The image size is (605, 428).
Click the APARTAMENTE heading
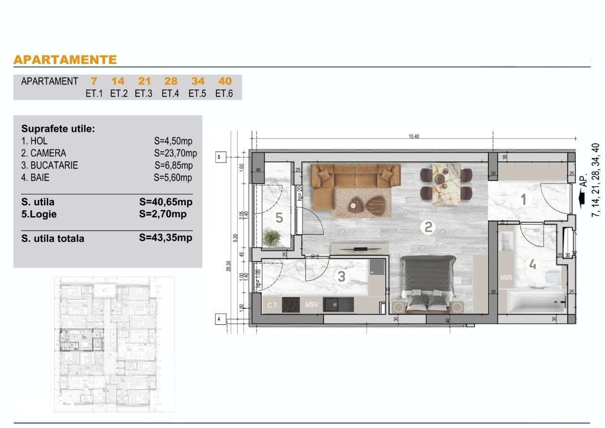[65, 60]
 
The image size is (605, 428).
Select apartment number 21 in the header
[144, 81]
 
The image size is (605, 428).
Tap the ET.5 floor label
[197, 93]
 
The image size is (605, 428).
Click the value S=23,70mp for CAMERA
[175, 153]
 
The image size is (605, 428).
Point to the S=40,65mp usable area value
[166, 202]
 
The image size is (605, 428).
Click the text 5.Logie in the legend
[38, 214]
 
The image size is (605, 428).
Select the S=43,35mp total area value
[166, 238]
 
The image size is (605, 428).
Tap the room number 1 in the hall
[523, 200]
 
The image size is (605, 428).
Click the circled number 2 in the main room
[427, 228]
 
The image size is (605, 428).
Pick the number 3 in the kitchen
[341, 277]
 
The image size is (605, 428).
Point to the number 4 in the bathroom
[533, 265]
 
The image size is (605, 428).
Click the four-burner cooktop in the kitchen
[291, 305]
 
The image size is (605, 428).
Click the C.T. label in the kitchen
[273, 306]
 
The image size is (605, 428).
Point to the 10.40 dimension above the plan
[414, 137]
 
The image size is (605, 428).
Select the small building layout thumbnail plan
[112, 344]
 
